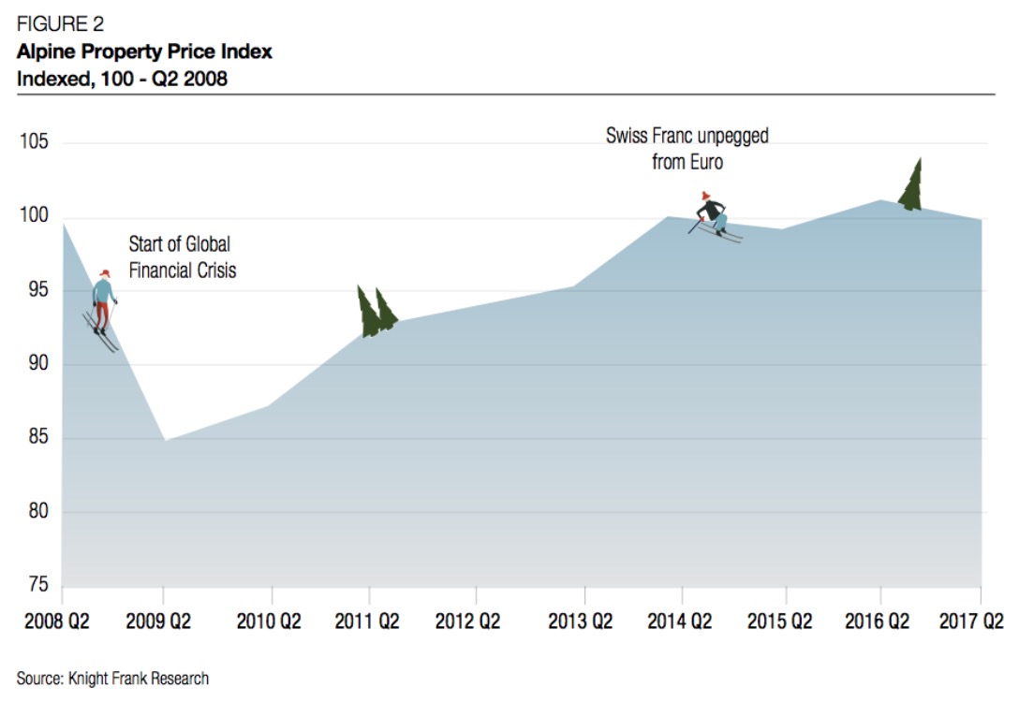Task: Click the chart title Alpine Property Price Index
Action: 144,51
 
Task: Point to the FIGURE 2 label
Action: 60,25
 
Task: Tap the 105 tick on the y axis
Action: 36,143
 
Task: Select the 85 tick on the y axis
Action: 36,439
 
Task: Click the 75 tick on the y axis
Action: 36,586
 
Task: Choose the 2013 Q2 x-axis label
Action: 580,622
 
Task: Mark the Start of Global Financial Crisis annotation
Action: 183,257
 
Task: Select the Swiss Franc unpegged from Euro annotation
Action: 687,149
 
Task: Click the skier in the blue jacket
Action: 103,304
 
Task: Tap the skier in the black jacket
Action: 713,214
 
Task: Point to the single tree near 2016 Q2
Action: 911,185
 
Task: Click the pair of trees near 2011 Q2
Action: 376,311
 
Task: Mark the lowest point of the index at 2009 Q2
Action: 164,440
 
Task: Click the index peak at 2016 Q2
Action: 880,199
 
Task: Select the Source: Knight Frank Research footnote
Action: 112,678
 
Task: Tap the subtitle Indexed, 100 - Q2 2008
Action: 122,79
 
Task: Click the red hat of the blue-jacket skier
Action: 103,273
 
